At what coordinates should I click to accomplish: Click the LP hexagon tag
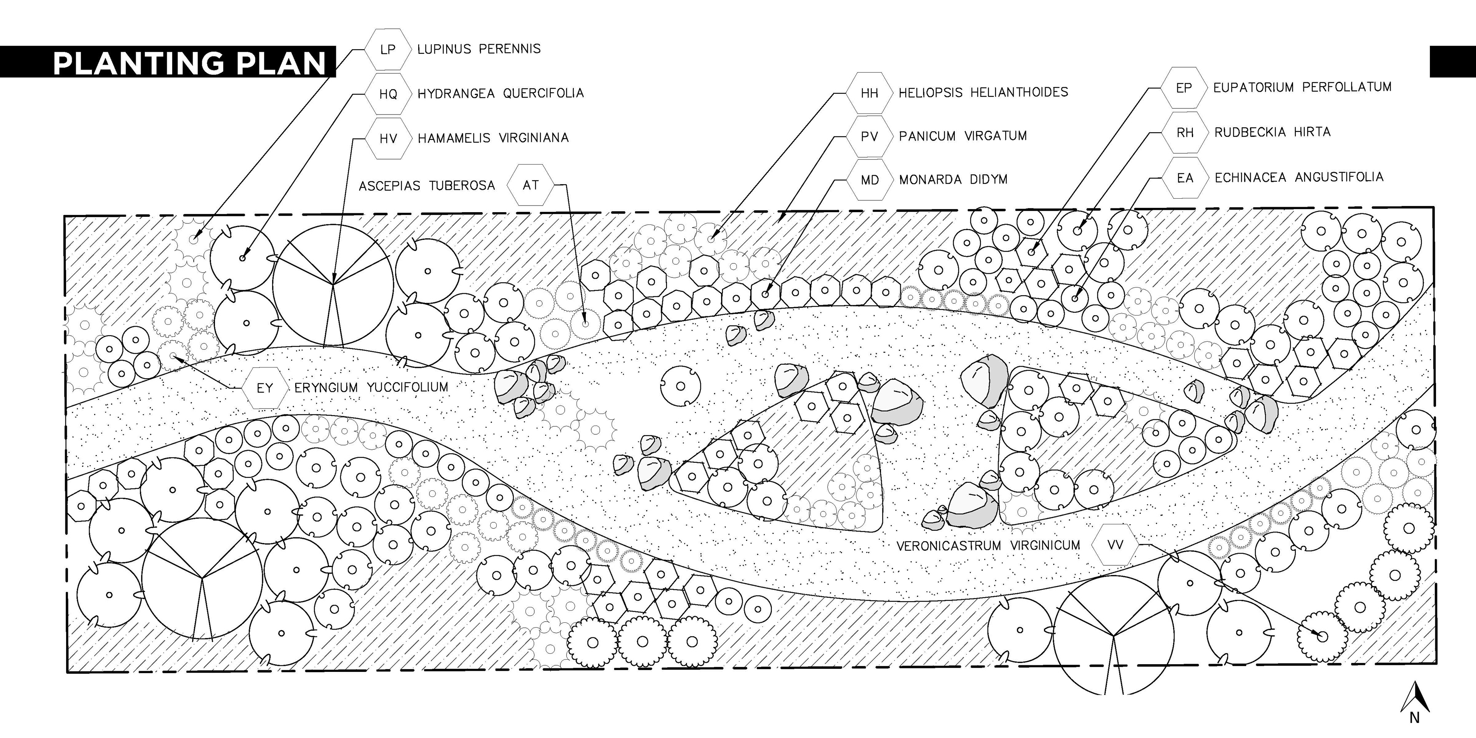pos(388,49)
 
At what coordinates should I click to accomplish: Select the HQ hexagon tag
pos(388,94)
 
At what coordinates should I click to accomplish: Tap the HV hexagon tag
pos(388,138)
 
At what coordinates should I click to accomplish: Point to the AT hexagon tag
pos(530,185)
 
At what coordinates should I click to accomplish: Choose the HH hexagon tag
pos(869,93)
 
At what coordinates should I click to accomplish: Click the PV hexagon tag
pos(869,136)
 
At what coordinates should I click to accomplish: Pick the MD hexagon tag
pos(869,180)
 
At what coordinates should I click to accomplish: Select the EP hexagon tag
pos(1184,88)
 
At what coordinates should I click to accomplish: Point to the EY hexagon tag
pos(264,388)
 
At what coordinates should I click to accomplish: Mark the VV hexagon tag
pos(1115,545)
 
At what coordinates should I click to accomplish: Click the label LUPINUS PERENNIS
pos(479,49)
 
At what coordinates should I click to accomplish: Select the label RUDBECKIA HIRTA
pos(1272,132)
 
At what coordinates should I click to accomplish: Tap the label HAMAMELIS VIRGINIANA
pos(493,138)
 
